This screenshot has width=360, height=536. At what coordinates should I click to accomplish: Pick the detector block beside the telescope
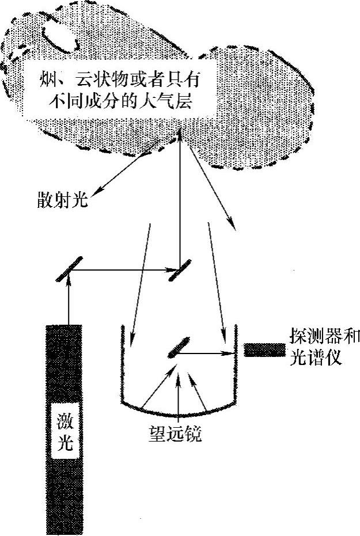(x=264, y=349)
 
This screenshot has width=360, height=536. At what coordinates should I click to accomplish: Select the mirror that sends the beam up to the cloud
(x=180, y=269)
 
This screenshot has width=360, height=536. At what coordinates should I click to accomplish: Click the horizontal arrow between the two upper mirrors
(x=124, y=269)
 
